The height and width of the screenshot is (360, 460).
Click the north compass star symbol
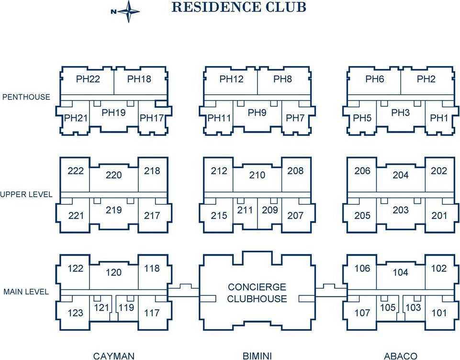[128, 11]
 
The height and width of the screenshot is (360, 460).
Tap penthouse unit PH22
[88, 79]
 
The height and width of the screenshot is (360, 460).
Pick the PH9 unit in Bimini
[257, 112]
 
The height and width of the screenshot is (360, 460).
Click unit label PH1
[439, 118]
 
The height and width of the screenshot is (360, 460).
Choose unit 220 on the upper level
[113, 175]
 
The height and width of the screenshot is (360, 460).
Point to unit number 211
[245, 210]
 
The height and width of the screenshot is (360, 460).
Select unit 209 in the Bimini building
[270, 210]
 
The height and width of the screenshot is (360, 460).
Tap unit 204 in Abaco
[401, 175]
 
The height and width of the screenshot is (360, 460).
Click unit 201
[439, 215]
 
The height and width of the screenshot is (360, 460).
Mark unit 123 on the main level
[76, 313]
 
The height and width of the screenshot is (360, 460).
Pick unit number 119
[126, 307]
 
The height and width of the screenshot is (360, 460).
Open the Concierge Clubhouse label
[257, 293]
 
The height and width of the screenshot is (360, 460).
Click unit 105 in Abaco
[388, 307]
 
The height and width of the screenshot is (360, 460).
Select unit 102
[439, 269]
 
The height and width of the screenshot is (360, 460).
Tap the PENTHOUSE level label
[26, 97]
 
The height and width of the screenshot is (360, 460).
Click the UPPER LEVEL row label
[26, 194]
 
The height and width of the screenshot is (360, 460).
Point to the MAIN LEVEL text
[26, 292]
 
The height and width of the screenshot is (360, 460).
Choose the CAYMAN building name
[113, 356]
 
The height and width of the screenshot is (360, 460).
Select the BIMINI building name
[257, 356]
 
